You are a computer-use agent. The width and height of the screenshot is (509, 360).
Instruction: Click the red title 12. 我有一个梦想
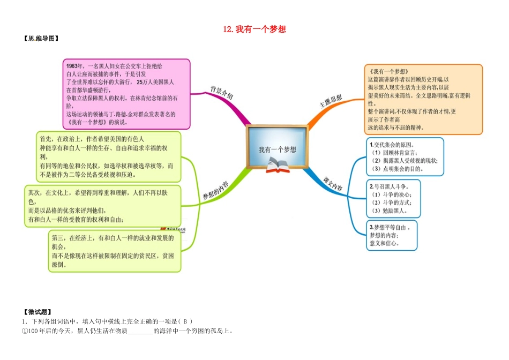[x=254, y=29]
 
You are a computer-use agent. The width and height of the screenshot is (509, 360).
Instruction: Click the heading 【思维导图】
[x=41, y=39]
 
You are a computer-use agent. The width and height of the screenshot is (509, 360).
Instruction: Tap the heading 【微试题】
[x=38, y=312]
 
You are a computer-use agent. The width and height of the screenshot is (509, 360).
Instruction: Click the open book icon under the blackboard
[x=278, y=165]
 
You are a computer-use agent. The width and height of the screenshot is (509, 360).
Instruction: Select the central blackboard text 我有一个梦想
[x=277, y=149]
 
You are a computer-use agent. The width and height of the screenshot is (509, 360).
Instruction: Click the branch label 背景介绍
[x=222, y=93]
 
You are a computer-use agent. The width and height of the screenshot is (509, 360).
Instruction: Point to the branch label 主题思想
[x=331, y=101]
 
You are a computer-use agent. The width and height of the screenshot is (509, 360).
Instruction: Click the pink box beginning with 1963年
[x=126, y=94]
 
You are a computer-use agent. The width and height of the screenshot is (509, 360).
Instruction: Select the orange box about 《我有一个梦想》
[x=423, y=99]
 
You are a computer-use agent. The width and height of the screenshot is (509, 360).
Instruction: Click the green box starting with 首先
[x=108, y=157]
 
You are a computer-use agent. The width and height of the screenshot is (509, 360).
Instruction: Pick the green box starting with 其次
[x=102, y=206]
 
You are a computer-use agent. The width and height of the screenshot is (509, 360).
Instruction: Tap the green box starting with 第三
[x=115, y=251]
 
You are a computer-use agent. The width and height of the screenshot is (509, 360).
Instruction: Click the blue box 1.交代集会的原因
[x=405, y=157]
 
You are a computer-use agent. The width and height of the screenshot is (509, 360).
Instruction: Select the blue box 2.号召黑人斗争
[x=393, y=198]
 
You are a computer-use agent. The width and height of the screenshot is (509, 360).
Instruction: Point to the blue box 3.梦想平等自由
[x=392, y=235]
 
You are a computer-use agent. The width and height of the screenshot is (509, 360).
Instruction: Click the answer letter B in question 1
[x=185, y=321]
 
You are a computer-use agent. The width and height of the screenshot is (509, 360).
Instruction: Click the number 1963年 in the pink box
[x=74, y=66]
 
